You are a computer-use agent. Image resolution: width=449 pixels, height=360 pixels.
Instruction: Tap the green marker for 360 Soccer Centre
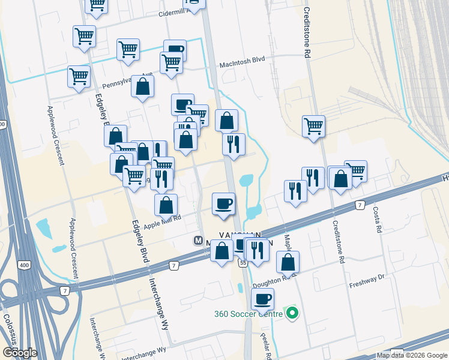(292, 313)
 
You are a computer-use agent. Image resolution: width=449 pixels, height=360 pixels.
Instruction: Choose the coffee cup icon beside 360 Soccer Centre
(262, 299)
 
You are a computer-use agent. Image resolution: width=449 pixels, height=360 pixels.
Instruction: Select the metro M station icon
(198, 241)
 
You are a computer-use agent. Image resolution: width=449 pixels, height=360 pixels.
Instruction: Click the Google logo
(20, 352)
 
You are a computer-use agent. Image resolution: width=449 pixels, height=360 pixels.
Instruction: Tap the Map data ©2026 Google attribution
(412, 355)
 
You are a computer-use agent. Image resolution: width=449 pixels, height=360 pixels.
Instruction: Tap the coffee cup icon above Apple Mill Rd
(224, 203)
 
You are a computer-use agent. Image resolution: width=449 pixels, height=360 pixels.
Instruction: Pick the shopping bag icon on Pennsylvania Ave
(143, 87)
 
